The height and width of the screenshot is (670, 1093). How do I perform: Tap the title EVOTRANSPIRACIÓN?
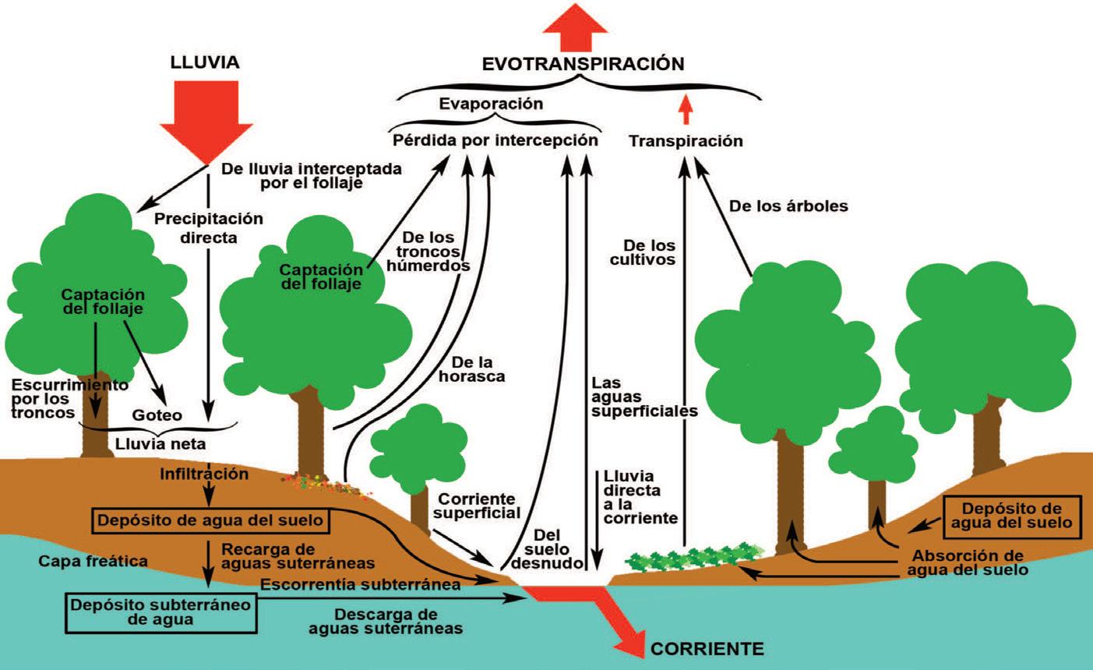[583, 64]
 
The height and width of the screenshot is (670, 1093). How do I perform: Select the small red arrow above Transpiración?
[686, 109]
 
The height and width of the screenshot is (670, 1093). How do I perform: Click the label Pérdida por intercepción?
[495, 140]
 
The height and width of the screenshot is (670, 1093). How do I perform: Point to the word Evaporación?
[491, 104]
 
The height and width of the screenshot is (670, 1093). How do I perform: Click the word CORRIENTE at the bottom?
[707, 649]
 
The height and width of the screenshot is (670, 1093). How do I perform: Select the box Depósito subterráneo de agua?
[160, 613]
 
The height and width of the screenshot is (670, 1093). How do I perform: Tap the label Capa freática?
[93, 561]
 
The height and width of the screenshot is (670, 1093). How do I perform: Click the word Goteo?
[157, 415]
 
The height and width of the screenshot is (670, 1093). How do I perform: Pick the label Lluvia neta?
[160, 444]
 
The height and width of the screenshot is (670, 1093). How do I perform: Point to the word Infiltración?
[204, 474]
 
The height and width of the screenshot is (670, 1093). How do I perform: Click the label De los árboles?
[788, 206]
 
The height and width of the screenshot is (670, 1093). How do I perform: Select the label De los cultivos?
[643, 252]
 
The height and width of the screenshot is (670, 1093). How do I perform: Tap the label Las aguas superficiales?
[644, 397]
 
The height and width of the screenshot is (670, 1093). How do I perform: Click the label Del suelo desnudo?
[547, 549]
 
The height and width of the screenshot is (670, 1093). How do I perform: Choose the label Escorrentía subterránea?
[360, 584]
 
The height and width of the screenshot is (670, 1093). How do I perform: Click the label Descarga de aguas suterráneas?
[386, 621]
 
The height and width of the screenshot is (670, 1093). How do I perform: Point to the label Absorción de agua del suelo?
[968, 562]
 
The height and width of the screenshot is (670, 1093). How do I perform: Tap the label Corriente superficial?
[477, 506]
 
